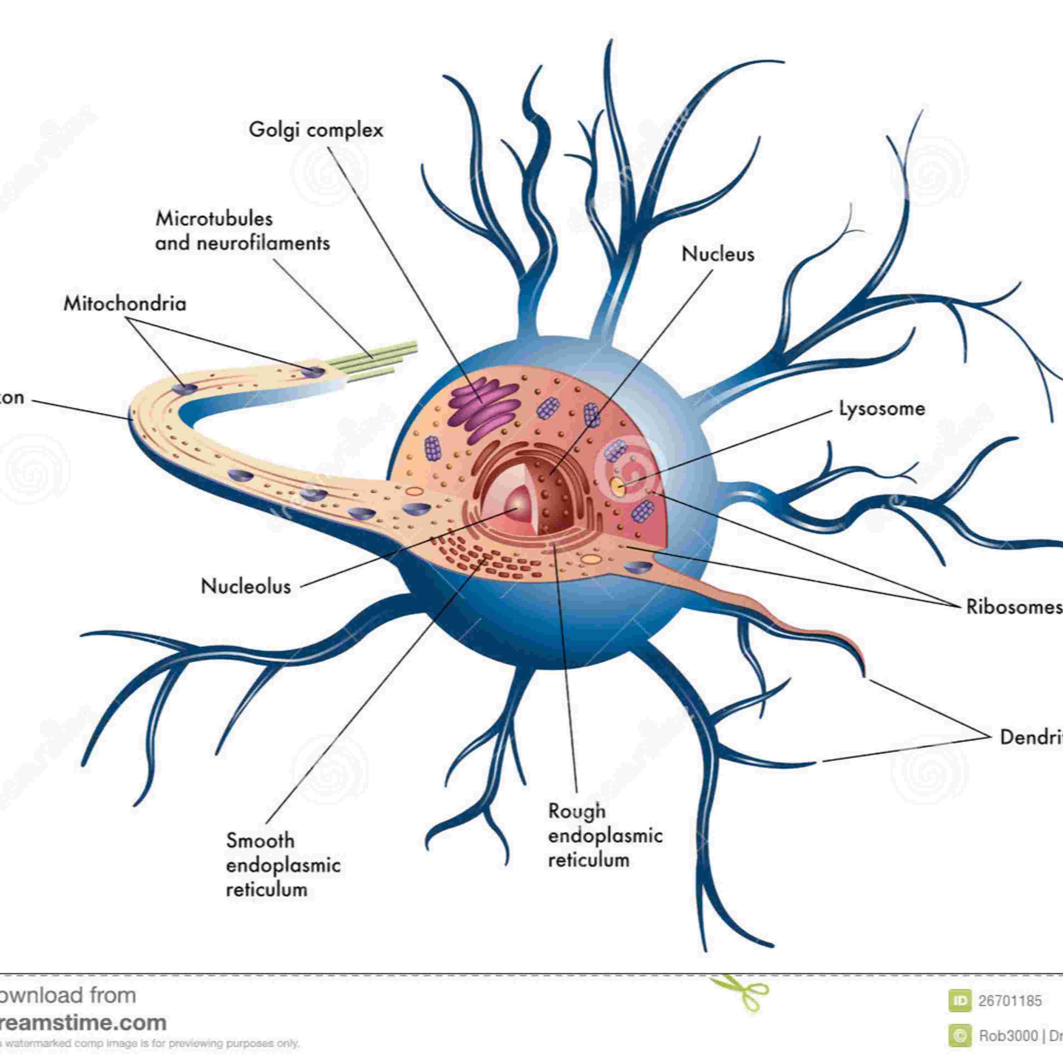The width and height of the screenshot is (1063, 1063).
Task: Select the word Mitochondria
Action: (x=125, y=304)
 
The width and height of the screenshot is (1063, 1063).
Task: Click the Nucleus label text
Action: (x=718, y=254)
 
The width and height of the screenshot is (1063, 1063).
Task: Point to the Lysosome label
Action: (x=882, y=408)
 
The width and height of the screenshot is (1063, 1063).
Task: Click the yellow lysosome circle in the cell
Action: (x=618, y=485)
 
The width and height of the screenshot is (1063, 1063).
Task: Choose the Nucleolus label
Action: (x=246, y=586)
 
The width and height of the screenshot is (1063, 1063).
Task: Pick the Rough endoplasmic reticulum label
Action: (x=605, y=835)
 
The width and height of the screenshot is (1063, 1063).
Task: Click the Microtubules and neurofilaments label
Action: (x=242, y=231)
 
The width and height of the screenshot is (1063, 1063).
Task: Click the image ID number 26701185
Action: (x=1009, y=1000)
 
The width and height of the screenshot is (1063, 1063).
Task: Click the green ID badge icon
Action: (x=960, y=1000)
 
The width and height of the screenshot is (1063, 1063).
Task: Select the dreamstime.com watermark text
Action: (x=83, y=1022)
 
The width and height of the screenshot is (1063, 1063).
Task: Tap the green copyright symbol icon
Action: (x=960, y=1035)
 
